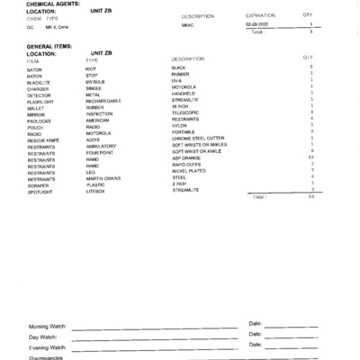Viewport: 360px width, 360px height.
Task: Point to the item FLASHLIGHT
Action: pyautogui.click(x=42, y=103)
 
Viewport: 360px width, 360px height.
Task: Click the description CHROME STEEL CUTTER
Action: pyautogui.click(x=199, y=138)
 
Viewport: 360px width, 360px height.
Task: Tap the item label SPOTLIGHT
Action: pyautogui.click(x=40, y=193)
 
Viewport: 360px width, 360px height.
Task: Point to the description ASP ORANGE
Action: pyautogui.click(x=186, y=158)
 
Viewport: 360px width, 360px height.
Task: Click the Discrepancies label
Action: pyautogui.click(x=46, y=356)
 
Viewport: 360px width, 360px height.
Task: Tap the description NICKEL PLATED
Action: pyautogui.click(x=189, y=172)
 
